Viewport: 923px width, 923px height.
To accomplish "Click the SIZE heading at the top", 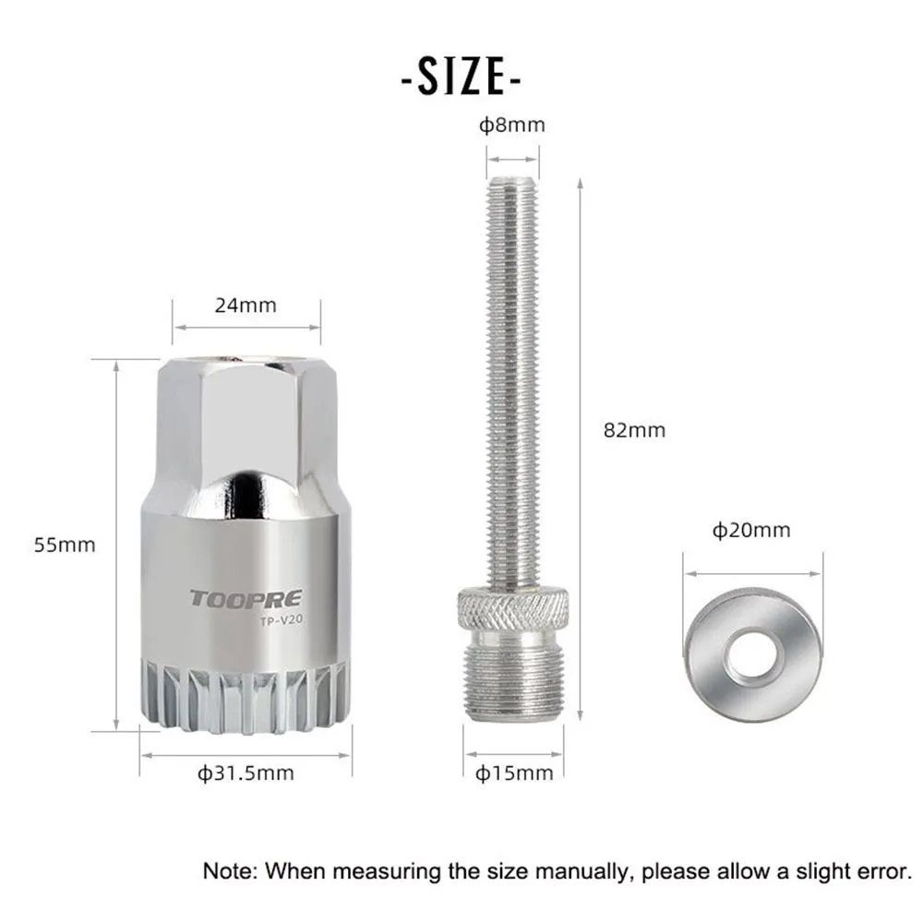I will click(x=461, y=78).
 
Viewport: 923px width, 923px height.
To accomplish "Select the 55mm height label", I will click(x=65, y=545).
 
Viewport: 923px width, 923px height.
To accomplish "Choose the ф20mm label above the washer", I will click(x=750, y=530).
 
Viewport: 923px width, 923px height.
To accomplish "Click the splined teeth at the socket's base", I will click(x=245, y=692).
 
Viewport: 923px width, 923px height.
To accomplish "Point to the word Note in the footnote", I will click(x=226, y=869).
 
